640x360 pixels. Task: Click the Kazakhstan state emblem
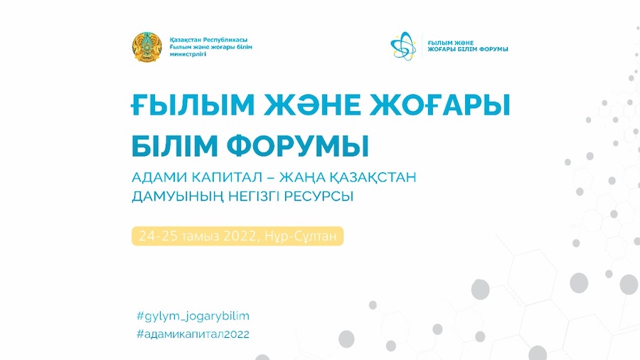(147, 47)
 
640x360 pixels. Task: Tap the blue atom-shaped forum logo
(403, 46)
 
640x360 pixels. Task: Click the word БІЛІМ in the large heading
(175, 146)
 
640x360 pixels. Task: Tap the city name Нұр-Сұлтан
(301, 236)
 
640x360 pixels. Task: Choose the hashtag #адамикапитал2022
(193, 334)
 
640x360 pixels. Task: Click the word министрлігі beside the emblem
(188, 54)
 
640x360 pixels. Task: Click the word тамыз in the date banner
(201, 237)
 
